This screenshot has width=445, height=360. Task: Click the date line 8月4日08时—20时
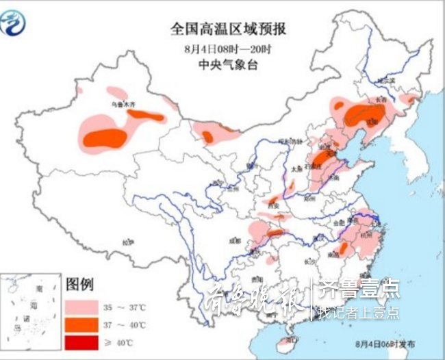228,49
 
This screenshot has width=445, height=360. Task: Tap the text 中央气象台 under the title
228,66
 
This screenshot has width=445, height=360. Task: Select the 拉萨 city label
127,242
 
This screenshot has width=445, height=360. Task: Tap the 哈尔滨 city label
387,81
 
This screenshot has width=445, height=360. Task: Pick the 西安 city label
274,204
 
